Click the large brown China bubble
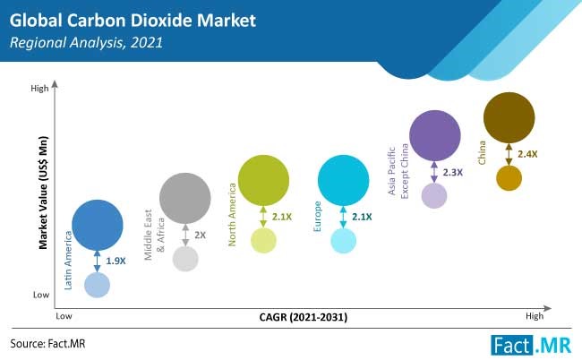click(509, 117)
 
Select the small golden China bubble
click(509, 178)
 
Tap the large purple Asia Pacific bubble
click(434, 135)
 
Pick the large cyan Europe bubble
click(343, 180)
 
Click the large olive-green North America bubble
click(263, 180)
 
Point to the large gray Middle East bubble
click(184, 198)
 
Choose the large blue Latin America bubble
click(98, 225)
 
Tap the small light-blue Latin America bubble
click(98, 285)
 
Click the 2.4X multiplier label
click(527, 154)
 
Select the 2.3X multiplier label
click(453, 172)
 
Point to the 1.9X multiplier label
click(116, 261)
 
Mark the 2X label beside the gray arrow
click(200, 235)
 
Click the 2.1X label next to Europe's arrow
click(362, 217)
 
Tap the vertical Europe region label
click(317, 217)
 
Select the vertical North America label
click(232, 215)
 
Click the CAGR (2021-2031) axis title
click(304, 317)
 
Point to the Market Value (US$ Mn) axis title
click(43, 193)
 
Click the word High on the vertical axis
click(39, 89)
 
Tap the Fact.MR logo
click(531, 345)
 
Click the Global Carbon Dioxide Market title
click(133, 21)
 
